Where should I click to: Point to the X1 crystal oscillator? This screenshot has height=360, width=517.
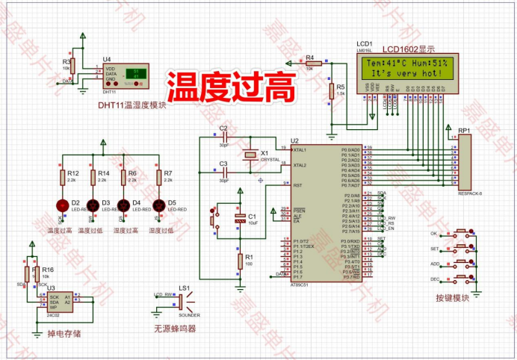pyautogui.click(x=250, y=156)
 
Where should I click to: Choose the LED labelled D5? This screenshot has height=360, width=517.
pyautogui.click(x=158, y=205)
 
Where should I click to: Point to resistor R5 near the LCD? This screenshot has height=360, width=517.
pyautogui.click(x=331, y=91)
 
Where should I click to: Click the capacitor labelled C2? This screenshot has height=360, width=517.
pyautogui.click(x=223, y=138)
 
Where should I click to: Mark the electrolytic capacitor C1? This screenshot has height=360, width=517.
pyautogui.click(x=240, y=218)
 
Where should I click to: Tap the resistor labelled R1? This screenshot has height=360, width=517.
pyautogui.click(x=240, y=261)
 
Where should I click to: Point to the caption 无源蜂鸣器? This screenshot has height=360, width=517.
pyautogui.click(x=174, y=328)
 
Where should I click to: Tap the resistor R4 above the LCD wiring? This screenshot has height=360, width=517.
pyautogui.click(x=312, y=63)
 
